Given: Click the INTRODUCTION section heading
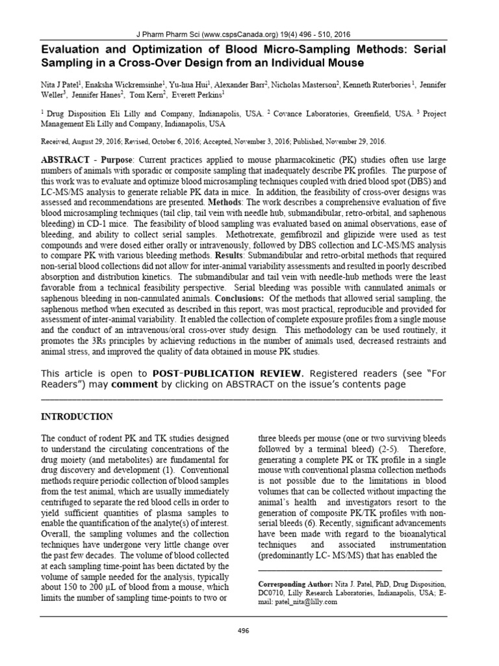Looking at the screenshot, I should [77, 416].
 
